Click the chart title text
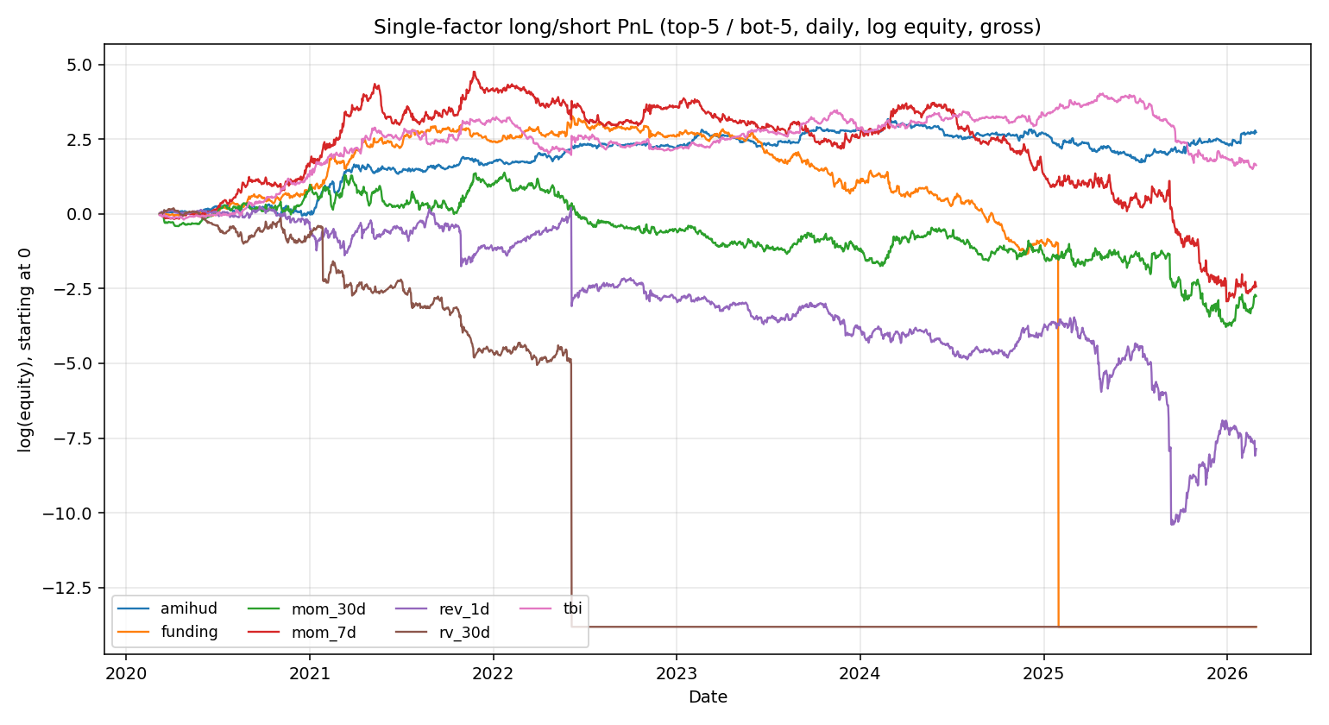[707, 28]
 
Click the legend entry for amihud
[188, 609]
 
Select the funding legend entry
[188, 632]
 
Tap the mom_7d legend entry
[323, 633]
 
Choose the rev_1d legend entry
[463, 609]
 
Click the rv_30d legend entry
[463, 633]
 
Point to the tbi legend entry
[572, 608]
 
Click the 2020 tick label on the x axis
[126, 673]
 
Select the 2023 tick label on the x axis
[677, 673]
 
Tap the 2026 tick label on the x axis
[1226, 673]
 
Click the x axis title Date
[707, 697]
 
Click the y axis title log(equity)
[25, 350]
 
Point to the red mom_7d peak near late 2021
[474, 72]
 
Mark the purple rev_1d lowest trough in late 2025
[1172, 524]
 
